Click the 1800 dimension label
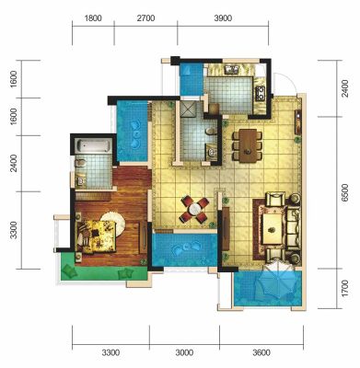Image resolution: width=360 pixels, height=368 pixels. tap(93, 18)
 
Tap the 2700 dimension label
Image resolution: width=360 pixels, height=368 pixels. tap(146, 18)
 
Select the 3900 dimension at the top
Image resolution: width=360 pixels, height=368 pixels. tap(223, 18)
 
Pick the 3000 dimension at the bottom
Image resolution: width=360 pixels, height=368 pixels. tap(184, 352)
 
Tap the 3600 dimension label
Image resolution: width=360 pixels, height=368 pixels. tap(261, 352)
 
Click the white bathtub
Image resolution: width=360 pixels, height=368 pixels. tap(93, 145)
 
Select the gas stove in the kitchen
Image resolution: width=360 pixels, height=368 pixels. tap(261, 93)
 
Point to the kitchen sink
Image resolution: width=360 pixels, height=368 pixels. tap(231, 70)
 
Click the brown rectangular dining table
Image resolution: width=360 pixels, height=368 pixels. tap(248, 145)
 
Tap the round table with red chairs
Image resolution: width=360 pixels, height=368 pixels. tap(195, 210)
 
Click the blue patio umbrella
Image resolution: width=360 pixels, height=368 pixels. tap(275, 281)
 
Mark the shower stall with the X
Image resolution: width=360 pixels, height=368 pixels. tap(188, 109)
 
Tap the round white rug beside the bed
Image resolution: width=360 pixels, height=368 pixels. tap(113, 224)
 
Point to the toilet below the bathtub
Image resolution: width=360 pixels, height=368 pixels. tap(80, 163)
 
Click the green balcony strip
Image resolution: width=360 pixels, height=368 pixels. tap(104, 272)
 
